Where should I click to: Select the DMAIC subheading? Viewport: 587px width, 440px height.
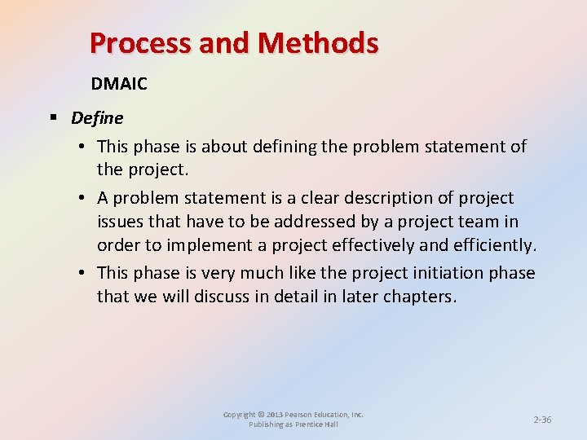[120, 84]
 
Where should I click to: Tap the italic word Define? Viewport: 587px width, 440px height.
[97, 118]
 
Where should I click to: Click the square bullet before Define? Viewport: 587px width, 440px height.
[53, 118]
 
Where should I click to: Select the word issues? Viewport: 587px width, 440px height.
[122, 222]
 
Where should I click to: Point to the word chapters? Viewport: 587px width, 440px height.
[417, 297]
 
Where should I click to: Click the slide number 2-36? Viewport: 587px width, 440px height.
[542, 420]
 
